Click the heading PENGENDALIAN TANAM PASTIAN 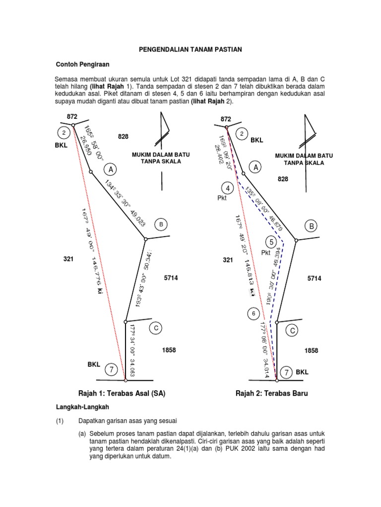click(x=190, y=50)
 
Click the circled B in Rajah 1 click(x=161, y=224)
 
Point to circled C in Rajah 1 click(x=156, y=328)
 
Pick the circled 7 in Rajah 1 click(x=112, y=369)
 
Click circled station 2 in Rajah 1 click(x=64, y=133)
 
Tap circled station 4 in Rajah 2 click(x=228, y=189)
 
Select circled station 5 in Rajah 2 click(x=271, y=242)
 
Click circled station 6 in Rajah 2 click(x=254, y=314)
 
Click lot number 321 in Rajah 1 click(x=68, y=259)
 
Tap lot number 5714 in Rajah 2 click(x=315, y=279)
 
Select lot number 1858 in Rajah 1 click(x=169, y=351)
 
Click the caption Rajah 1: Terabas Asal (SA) click(x=122, y=394)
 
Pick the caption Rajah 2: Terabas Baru click(x=272, y=394)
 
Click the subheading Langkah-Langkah click(x=81, y=406)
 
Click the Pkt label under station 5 click(x=268, y=253)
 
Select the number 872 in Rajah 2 click(x=226, y=119)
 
